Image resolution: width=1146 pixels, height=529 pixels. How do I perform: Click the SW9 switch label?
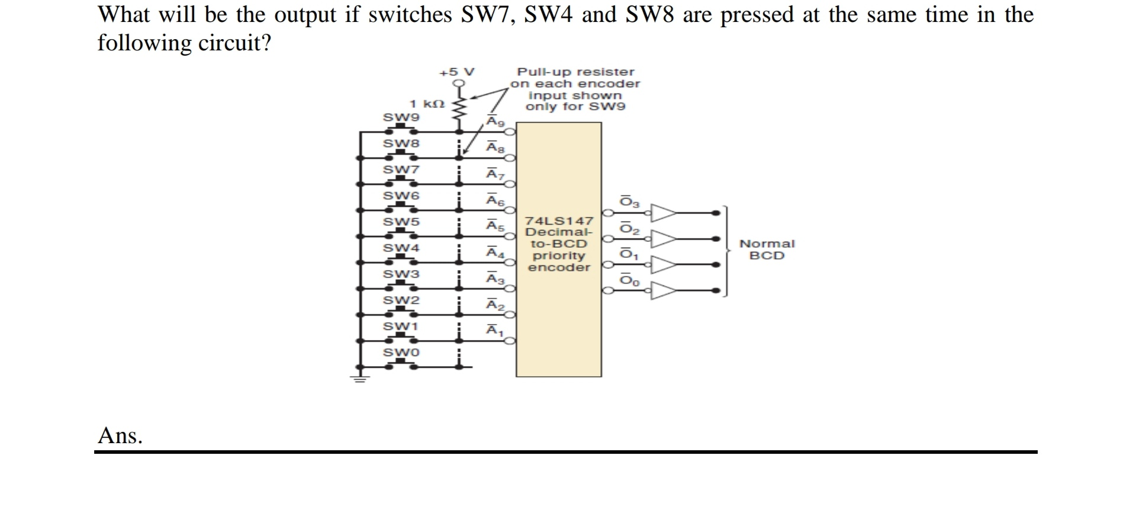pos(401,117)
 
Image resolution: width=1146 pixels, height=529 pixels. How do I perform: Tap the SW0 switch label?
pos(401,352)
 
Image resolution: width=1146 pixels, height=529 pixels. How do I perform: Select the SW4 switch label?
pos(401,248)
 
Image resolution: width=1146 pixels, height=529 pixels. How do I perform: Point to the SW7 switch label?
pos(401,169)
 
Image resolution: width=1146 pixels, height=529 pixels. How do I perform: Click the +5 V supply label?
pos(456,72)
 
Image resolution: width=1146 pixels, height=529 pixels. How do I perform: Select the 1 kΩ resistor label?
pos(427,104)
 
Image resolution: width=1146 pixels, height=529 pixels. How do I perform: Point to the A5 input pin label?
pos(495,226)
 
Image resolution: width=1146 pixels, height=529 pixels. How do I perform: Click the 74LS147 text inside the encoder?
pos(559,221)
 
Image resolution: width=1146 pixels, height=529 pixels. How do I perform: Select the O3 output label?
pos(629,202)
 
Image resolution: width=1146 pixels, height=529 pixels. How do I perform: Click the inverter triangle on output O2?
pos(663,239)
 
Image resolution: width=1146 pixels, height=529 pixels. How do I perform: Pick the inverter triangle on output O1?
pos(663,265)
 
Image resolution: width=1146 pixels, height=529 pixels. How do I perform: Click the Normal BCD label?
pos(767,249)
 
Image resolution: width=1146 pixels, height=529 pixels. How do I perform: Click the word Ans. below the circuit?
pos(120,436)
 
